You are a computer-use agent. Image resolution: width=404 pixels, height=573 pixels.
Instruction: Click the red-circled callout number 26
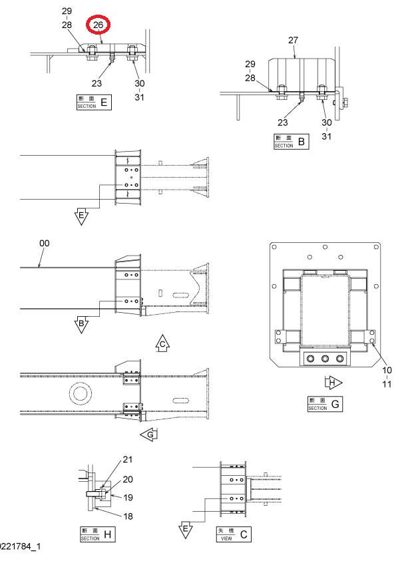pyautogui.click(x=98, y=25)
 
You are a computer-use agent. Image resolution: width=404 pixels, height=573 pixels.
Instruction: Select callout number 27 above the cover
pyautogui.click(x=294, y=40)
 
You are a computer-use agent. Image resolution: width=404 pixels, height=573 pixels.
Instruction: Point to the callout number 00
pyautogui.click(x=44, y=244)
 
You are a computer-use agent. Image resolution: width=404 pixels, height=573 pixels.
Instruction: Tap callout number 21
pyautogui.click(x=128, y=459)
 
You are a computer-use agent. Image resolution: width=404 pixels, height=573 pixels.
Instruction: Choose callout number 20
pyautogui.click(x=128, y=479)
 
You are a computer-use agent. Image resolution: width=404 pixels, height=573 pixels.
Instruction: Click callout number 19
pyautogui.click(x=128, y=497)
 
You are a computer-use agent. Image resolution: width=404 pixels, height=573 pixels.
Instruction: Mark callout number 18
pyautogui.click(x=128, y=516)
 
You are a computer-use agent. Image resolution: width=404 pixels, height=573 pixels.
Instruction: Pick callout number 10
pyautogui.click(x=387, y=370)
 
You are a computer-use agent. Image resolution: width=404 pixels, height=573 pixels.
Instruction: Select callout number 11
pyautogui.click(x=387, y=384)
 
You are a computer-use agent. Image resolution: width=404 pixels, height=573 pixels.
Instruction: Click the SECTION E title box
pyautogui.click(x=94, y=102)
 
